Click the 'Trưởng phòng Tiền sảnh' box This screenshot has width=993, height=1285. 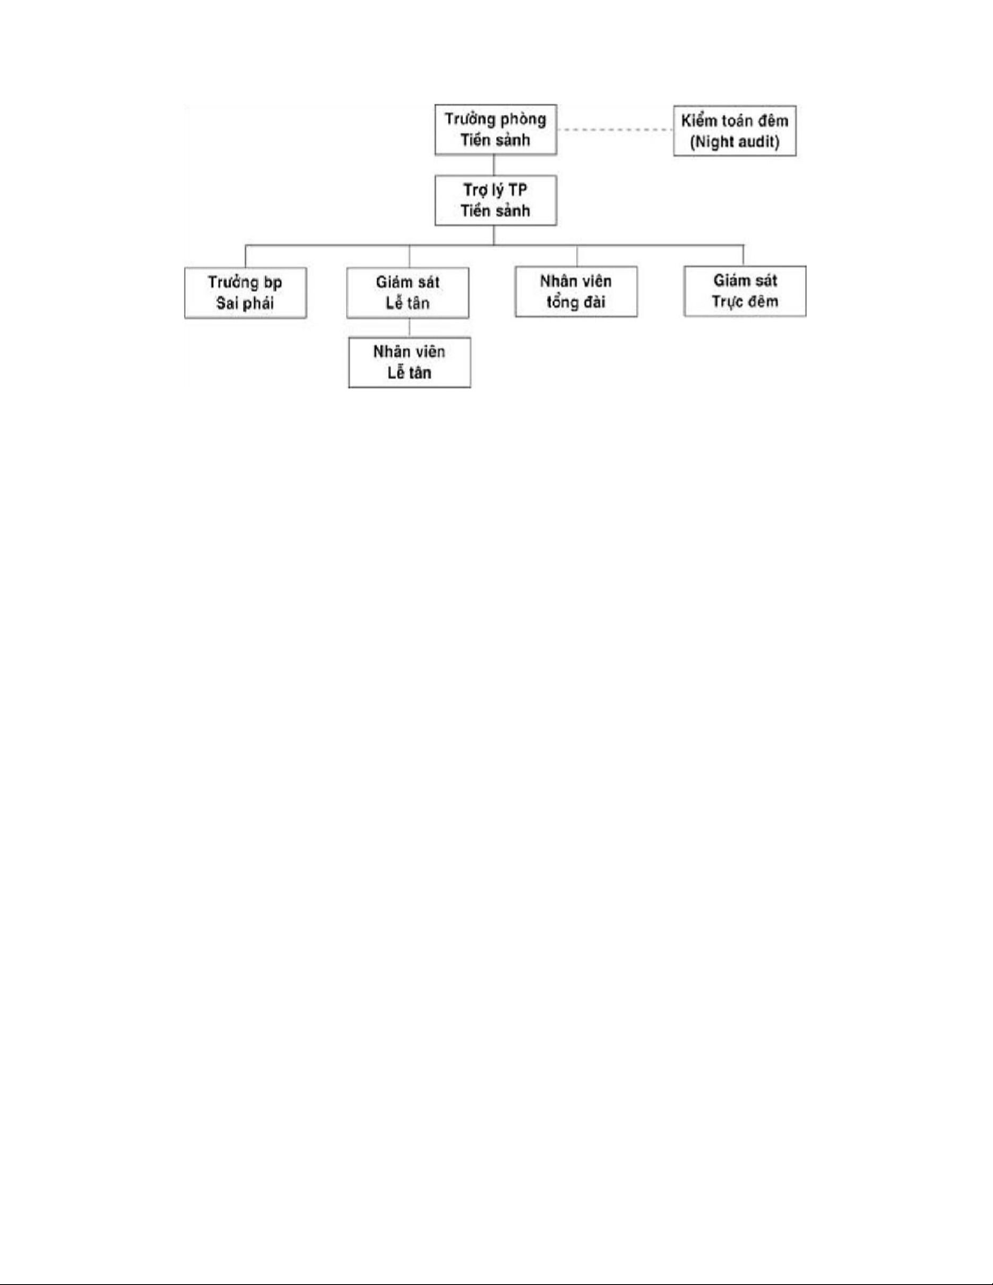coord(495,130)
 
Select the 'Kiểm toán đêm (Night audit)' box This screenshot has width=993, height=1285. coord(734,131)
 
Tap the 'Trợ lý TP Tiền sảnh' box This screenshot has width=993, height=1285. coord(495,200)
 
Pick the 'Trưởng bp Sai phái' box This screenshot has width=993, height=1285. coord(246,293)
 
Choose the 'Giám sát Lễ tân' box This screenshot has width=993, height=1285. coord(408,293)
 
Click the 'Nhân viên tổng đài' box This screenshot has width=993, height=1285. coord(576,292)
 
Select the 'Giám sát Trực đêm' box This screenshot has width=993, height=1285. coord(745,291)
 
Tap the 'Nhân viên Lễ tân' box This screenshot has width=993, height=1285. coord(409,362)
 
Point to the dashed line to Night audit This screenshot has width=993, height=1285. coord(614,130)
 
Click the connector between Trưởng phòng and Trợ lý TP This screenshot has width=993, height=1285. coord(494,165)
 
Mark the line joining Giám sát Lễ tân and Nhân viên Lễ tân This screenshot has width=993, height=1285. coord(409,328)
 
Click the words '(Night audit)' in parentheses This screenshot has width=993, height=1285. coord(734,142)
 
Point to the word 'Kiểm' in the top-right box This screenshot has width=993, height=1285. coord(699,121)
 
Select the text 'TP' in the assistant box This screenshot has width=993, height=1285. coord(517,190)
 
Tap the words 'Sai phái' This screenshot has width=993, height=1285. coord(245,303)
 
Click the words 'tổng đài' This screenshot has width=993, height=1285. coord(576,302)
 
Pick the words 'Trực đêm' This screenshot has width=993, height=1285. coord(745,302)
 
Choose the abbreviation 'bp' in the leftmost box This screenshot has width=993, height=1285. coord(273,283)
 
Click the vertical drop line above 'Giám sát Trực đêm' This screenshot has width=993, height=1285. coord(743,255)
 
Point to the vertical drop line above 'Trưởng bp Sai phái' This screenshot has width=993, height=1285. coord(246,256)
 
